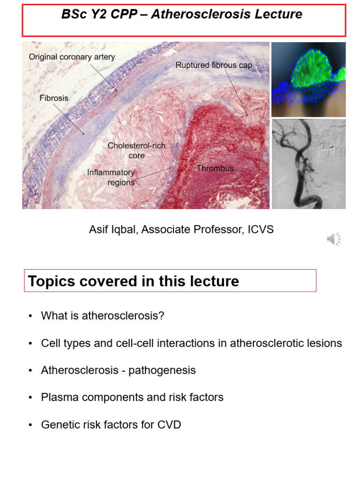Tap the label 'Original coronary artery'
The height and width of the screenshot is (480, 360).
pos(72,57)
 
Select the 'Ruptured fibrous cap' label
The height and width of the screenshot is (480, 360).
pos(214,66)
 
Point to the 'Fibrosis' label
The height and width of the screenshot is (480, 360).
pos(54,98)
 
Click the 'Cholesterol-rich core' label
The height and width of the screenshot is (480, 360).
pos(136,150)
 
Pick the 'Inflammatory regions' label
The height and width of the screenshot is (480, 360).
pos(111,177)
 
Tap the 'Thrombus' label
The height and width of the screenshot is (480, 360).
pos(215,168)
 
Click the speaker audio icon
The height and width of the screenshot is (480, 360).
pos(334,239)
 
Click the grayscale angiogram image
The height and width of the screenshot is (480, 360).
pos(308,164)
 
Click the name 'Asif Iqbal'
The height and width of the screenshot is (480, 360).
pos(113,230)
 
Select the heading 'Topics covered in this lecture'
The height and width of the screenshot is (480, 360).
pos(134,281)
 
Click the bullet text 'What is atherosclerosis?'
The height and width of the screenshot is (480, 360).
pos(103,316)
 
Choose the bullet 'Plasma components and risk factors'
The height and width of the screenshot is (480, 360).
pos(132,397)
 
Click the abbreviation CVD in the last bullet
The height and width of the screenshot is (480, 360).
pos(169,425)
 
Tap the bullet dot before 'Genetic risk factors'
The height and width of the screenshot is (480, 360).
pos(30,425)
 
